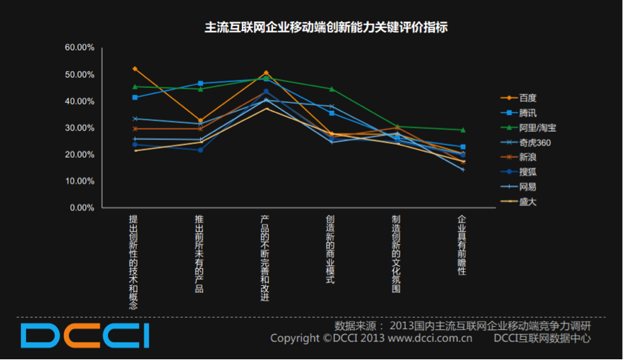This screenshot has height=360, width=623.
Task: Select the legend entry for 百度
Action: coord(528,97)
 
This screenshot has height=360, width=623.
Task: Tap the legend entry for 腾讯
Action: coord(528,112)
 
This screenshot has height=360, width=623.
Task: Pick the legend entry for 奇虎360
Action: coord(534,142)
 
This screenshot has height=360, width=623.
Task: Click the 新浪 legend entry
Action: coord(528,157)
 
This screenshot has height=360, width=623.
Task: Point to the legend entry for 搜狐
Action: coord(528,172)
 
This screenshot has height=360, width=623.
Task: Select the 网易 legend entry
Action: coord(528,186)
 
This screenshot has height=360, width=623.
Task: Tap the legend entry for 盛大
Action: coord(528,202)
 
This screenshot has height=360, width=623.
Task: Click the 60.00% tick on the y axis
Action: coord(79,48)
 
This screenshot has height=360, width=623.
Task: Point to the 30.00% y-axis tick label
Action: coord(79,128)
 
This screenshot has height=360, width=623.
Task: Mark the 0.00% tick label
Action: coord(81,208)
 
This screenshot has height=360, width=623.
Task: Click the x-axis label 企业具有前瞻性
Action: coord(462,245)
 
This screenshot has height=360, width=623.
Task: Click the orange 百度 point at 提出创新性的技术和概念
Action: coord(135,68)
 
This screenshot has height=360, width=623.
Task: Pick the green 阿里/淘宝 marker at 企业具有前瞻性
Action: coord(462,130)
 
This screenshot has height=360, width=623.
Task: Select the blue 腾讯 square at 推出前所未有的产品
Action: coord(200,84)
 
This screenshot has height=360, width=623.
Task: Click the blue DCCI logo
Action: coord(85,336)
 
